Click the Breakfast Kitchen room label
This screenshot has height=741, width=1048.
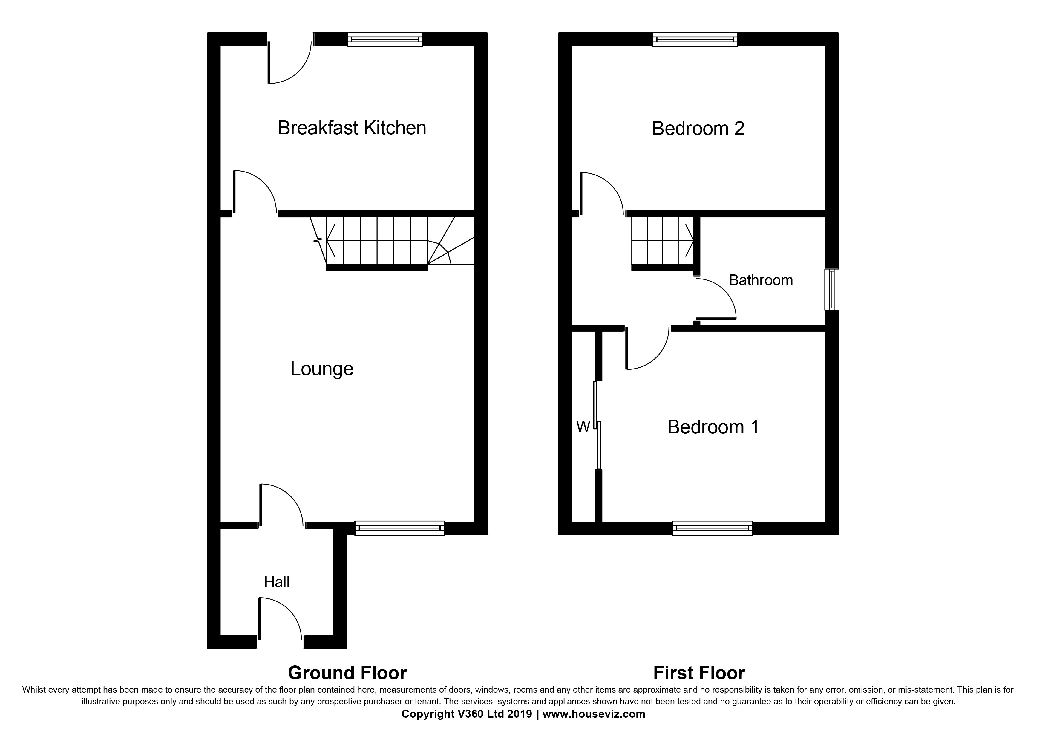coord(352,128)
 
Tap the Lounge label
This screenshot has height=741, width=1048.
coord(322,369)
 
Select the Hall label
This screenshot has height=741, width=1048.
coord(277,582)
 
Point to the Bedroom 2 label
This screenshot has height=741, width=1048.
coord(698,129)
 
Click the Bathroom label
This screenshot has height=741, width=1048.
coord(760,280)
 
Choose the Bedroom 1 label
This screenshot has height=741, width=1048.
coord(713,427)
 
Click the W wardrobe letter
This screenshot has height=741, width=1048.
coord(583,427)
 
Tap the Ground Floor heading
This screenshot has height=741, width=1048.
coord(347,673)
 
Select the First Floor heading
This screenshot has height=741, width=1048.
coord(699,673)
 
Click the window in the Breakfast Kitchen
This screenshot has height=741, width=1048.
coord(385,39)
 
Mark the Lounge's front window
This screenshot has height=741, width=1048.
coord(399,528)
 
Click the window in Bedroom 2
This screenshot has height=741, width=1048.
coord(695,39)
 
